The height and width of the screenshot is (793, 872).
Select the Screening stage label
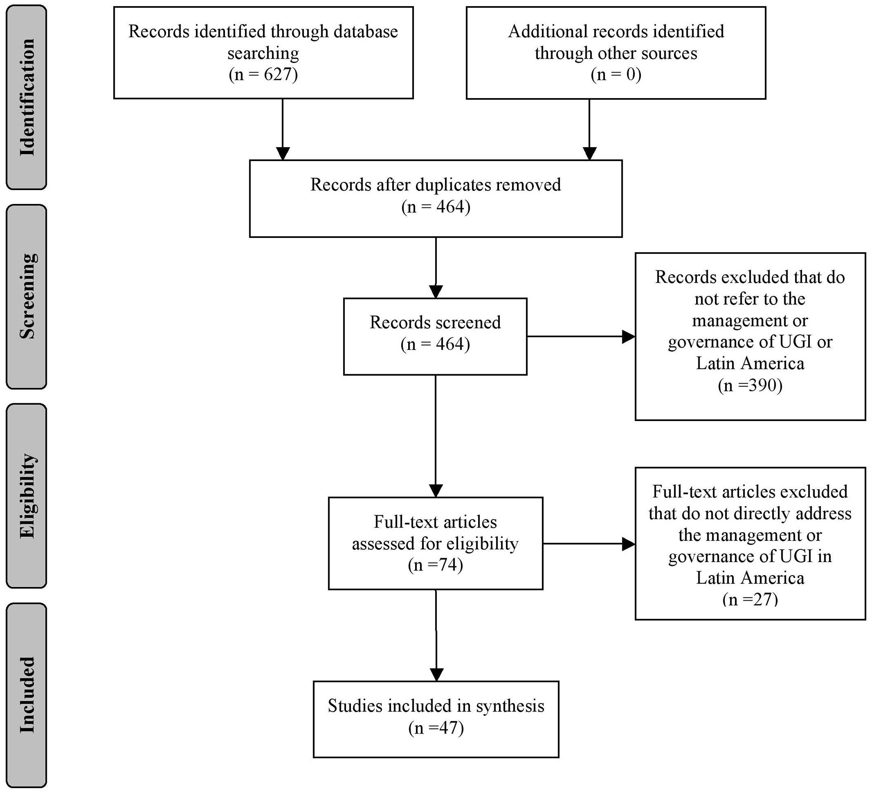point(27,296)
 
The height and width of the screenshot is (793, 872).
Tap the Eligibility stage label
point(27,496)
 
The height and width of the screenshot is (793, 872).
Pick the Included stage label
point(27,695)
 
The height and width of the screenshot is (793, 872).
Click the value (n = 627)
point(263,75)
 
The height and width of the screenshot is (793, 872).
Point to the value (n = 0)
point(616,75)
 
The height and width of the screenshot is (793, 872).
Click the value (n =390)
point(750,385)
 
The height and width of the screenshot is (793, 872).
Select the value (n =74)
point(435,565)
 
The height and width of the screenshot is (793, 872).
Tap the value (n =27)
point(750,599)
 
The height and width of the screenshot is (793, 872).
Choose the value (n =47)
point(436,727)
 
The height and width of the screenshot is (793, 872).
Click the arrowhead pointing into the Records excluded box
point(628,336)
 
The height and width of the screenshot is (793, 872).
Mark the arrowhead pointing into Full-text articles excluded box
point(628,544)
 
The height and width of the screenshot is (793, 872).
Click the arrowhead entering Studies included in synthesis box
point(436,674)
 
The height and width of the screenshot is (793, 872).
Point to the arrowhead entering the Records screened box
point(436,291)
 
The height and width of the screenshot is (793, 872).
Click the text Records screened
point(435,322)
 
